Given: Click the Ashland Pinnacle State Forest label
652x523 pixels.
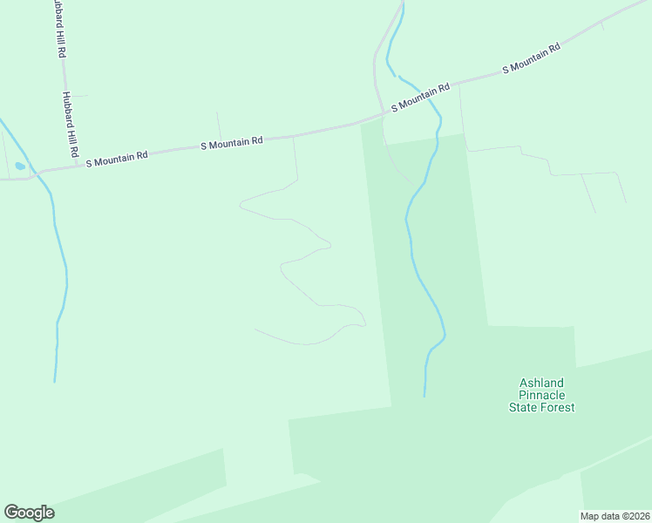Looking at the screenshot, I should (x=542, y=395).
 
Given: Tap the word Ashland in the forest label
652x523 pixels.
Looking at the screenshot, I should (x=542, y=383).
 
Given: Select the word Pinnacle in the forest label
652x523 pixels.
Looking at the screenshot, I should (x=542, y=395).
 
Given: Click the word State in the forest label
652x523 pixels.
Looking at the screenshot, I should (x=524, y=407).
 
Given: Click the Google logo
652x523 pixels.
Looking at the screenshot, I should (x=29, y=513).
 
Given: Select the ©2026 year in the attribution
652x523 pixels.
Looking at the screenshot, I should (x=635, y=516).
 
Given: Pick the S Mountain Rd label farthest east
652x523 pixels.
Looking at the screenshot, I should (x=531, y=60).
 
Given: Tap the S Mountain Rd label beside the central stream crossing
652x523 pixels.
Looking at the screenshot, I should (x=421, y=97).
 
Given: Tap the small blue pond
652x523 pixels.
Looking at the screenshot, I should (x=20, y=166).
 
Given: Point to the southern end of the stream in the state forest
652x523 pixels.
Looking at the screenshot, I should (x=424, y=396).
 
